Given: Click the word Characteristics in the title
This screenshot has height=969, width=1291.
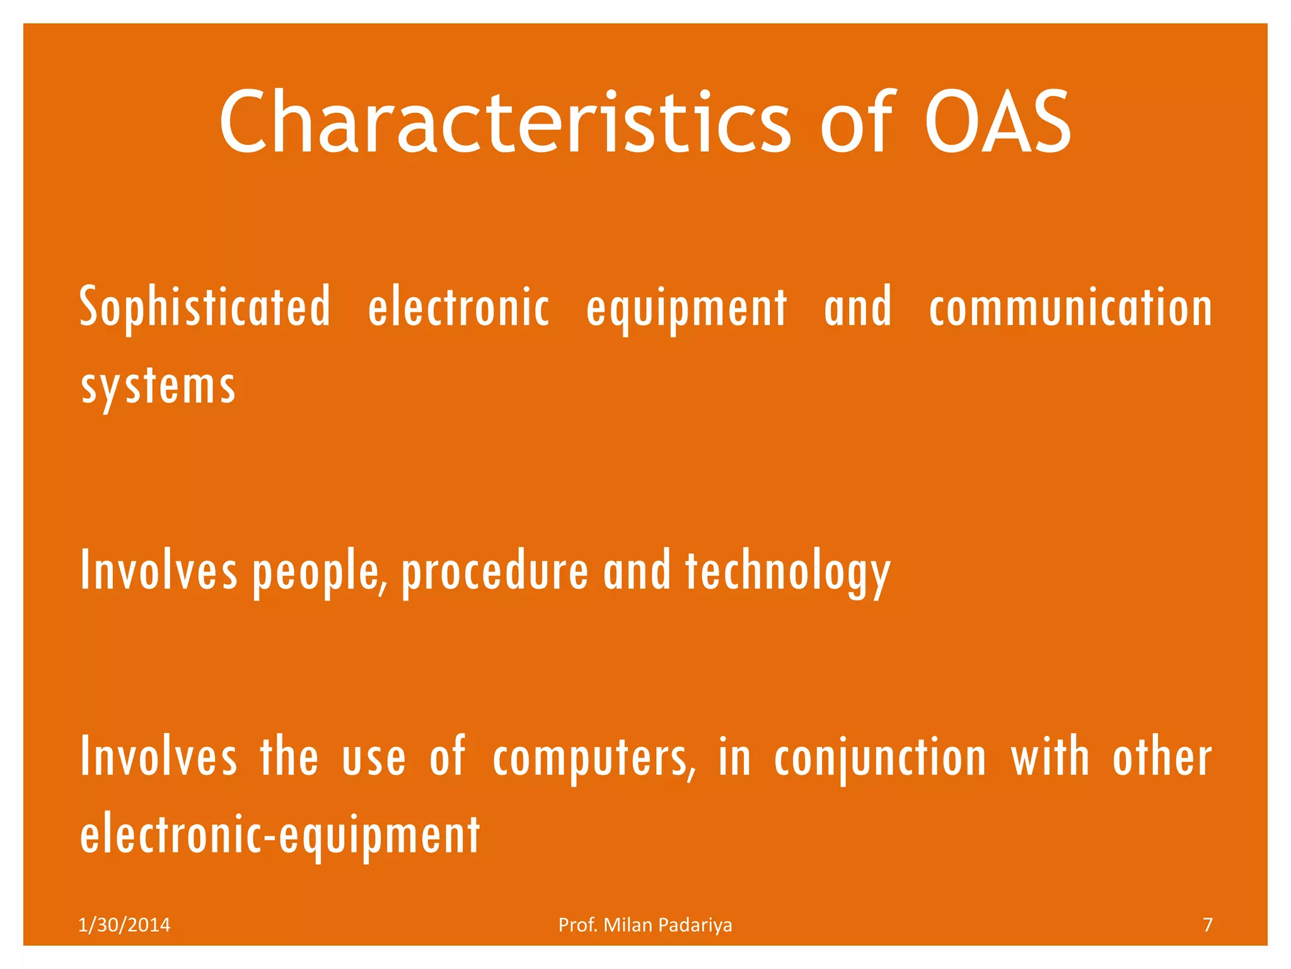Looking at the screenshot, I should pyautogui.click(x=504, y=123).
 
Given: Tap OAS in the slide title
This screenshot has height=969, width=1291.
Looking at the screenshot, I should pyautogui.click(x=998, y=123).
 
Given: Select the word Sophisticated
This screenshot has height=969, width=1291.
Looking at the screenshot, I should pyautogui.click(x=205, y=307).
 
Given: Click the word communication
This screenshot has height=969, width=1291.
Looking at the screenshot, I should pyautogui.click(x=1070, y=307).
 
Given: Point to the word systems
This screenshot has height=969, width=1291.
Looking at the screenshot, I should pyautogui.click(x=158, y=386).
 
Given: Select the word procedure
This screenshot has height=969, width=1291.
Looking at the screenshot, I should pyautogui.click(x=495, y=572).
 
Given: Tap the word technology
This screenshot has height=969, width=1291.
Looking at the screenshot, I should pyautogui.click(x=788, y=572).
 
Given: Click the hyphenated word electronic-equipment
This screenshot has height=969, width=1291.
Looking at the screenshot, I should pyautogui.click(x=280, y=835).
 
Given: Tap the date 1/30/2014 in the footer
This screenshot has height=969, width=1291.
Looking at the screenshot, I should pyautogui.click(x=124, y=925).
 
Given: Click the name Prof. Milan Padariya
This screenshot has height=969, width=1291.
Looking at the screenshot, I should pyautogui.click(x=645, y=925).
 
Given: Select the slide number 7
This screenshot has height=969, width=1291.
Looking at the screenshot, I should pyautogui.click(x=1207, y=925).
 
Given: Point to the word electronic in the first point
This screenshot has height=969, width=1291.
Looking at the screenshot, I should pyautogui.click(x=458, y=307).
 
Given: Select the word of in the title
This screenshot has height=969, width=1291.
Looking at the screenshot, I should pyautogui.click(x=856, y=123).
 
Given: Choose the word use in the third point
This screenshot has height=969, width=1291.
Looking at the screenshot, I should pyautogui.click(x=374, y=759).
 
